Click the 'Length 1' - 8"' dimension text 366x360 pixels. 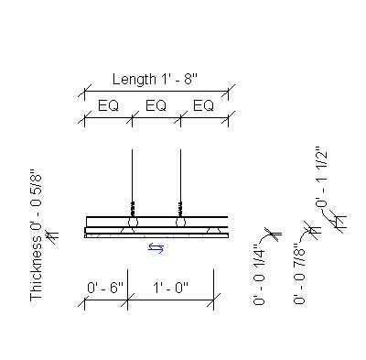pyautogui.click(x=156, y=79)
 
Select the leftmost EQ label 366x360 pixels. pyautogui.click(x=109, y=106)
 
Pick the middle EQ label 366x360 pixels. pyautogui.click(x=156, y=106)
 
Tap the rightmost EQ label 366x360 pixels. pyautogui.click(x=204, y=106)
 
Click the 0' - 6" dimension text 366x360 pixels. pyautogui.click(x=105, y=288)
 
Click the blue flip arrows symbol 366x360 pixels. pyautogui.click(x=156, y=247)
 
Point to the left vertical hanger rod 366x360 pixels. pyautogui.click(x=133, y=175)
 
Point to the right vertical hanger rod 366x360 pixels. pyautogui.click(x=180, y=175)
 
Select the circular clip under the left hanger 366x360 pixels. pyautogui.click(x=133, y=222)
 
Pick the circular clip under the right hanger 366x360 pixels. pyautogui.click(x=180, y=222)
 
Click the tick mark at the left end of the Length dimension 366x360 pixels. pyautogui.click(x=86, y=92)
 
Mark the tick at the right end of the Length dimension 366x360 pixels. pyautogui.click(x=228, y=92)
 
